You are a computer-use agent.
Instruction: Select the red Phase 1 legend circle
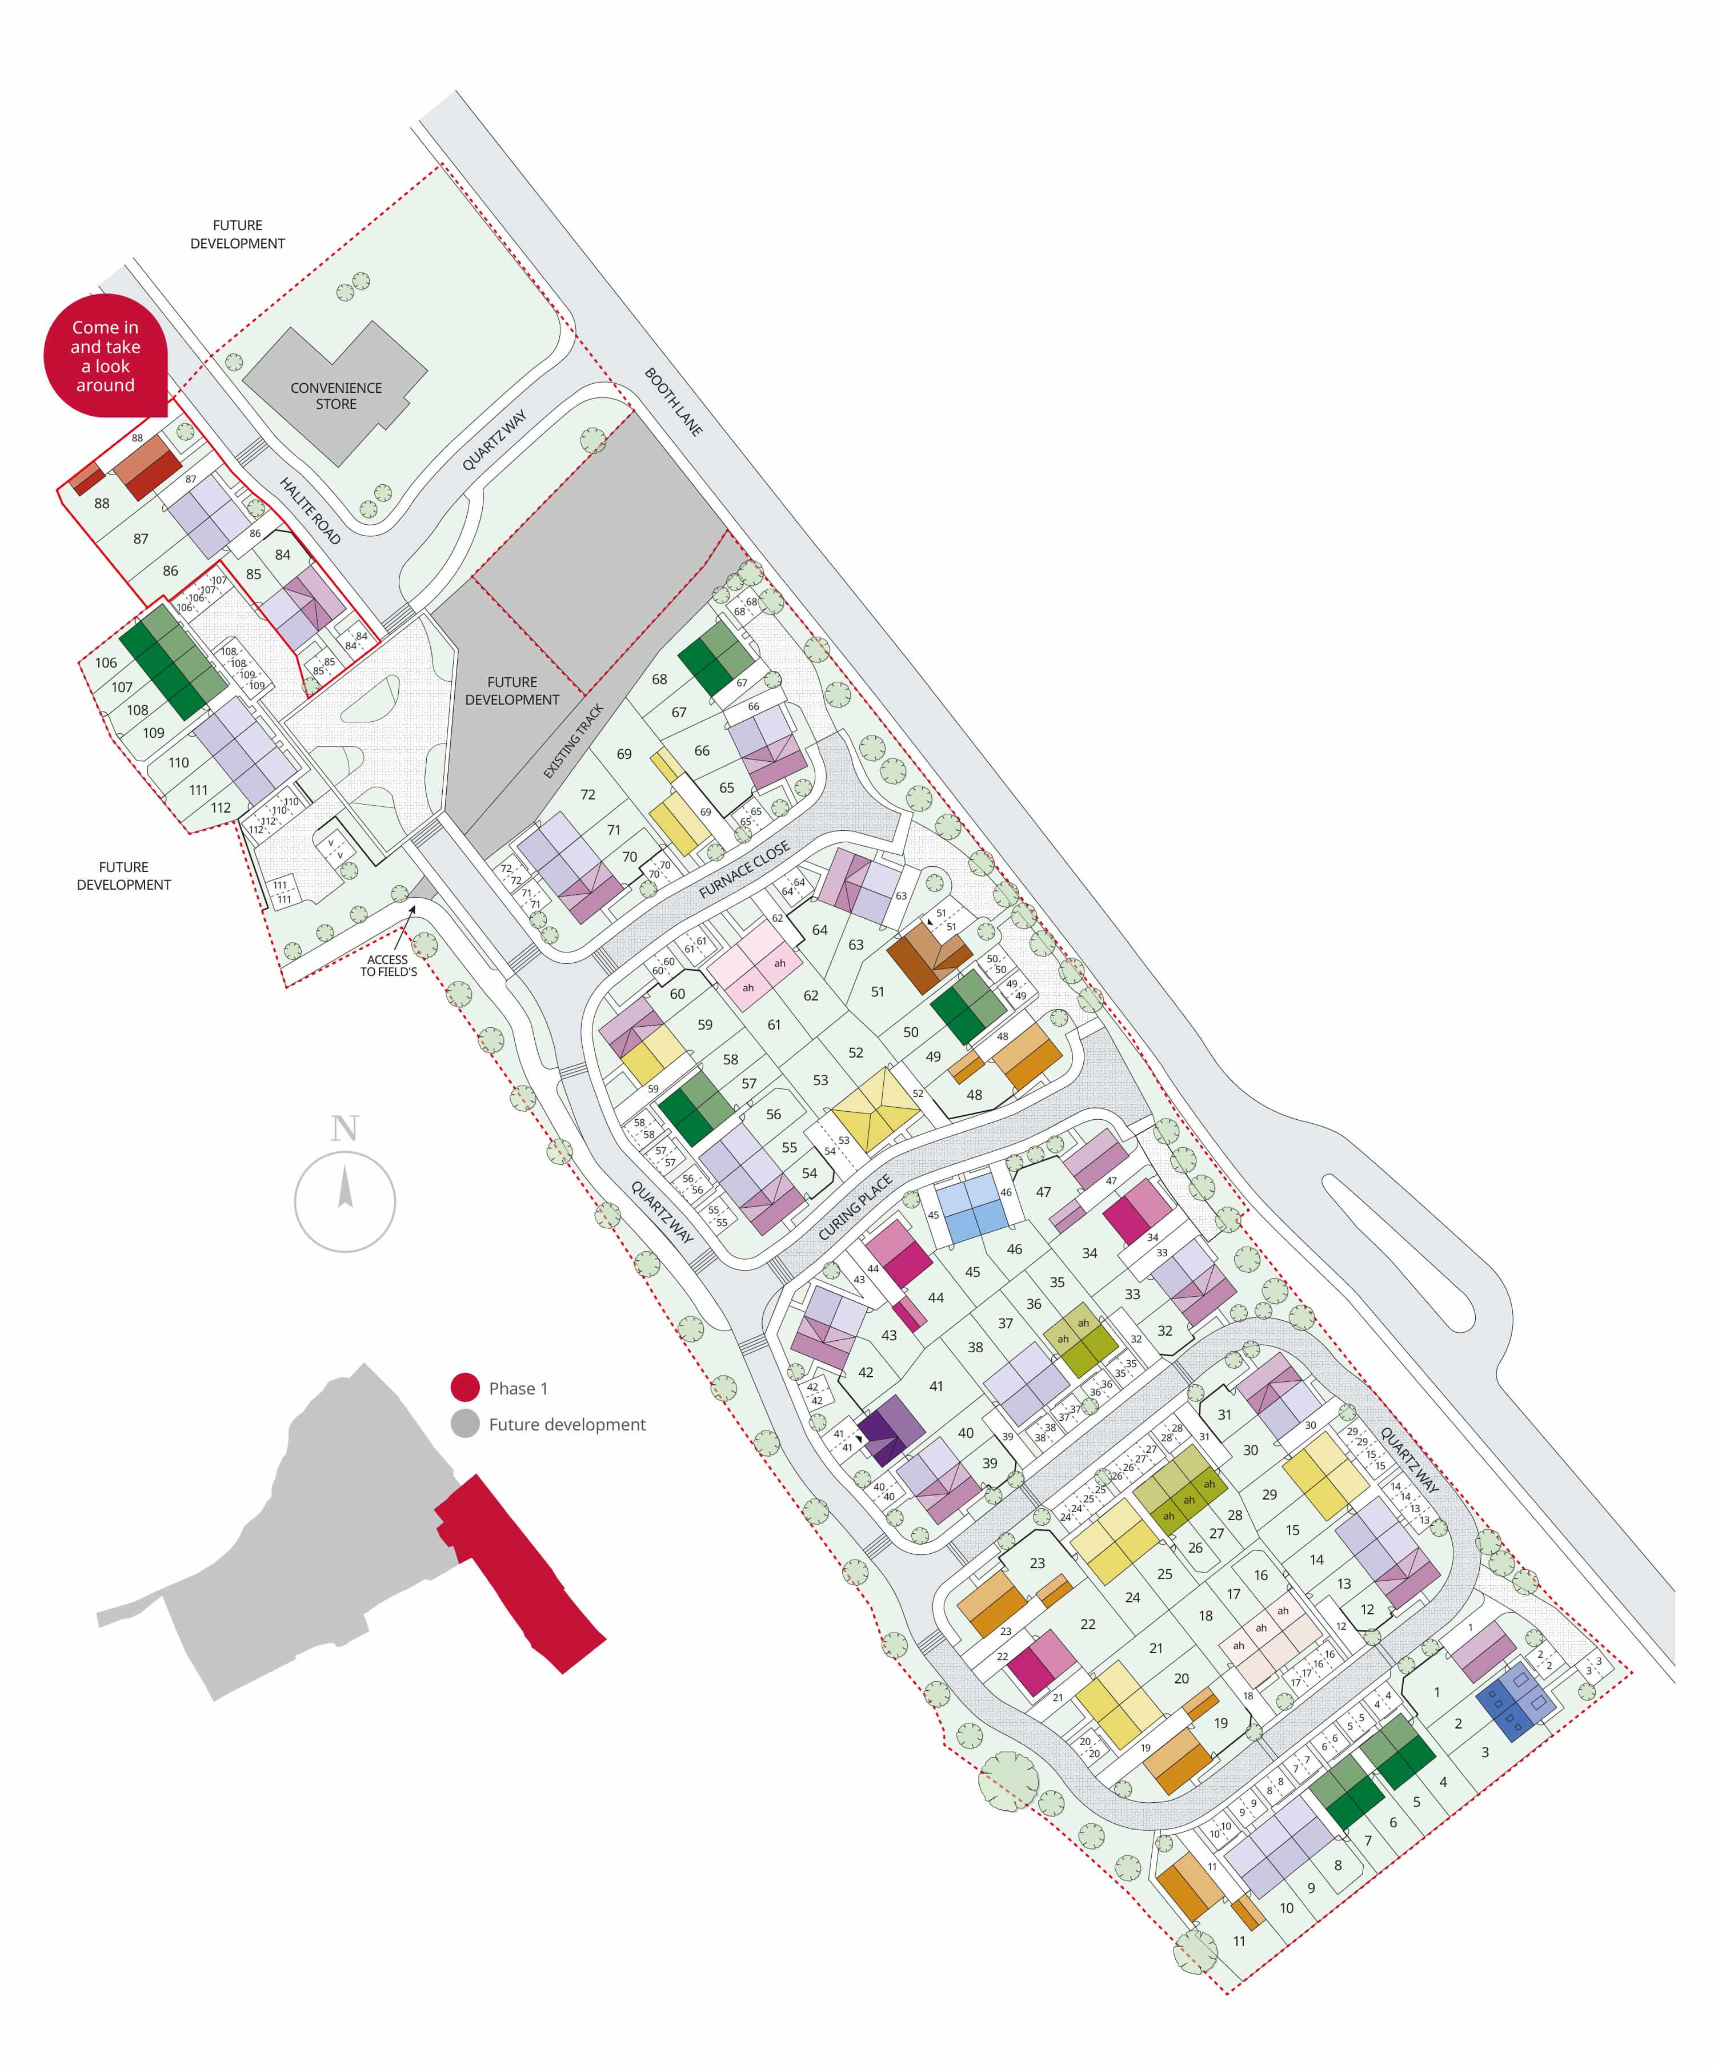pos(464,1388)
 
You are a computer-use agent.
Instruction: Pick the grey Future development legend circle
pos(464,1424)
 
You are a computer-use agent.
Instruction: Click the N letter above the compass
pos(344,1128)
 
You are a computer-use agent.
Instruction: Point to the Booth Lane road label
pos(674,401)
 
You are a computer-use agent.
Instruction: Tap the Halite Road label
pos(310,511)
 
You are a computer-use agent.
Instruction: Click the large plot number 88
pos(102,503)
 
